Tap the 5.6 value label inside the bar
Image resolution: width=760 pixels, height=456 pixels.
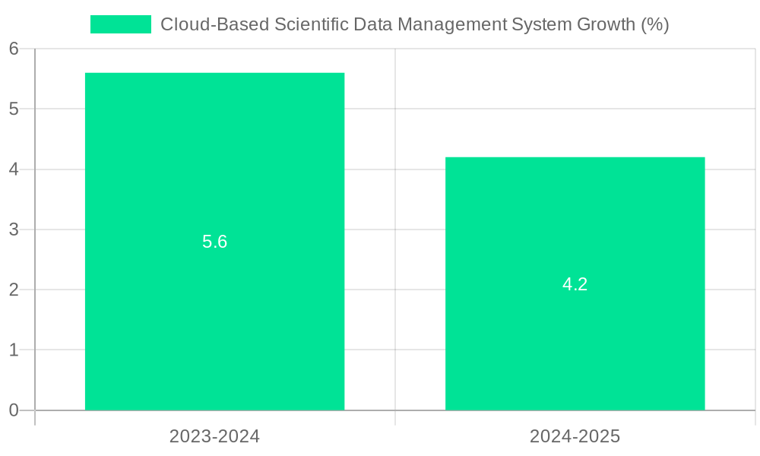(x=214, y=242)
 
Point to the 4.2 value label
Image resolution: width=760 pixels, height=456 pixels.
(x=575, y=284)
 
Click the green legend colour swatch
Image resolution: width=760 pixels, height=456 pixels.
(x=121, y=24)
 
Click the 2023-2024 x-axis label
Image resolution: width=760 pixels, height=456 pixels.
(x=214, y=436)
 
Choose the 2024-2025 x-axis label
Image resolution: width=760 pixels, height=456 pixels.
(x=575, y=436)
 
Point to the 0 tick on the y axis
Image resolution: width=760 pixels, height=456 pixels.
(x=14, y=410)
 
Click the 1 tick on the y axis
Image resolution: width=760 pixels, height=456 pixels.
(x=14, y=350)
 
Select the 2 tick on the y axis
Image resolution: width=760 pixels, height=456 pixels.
(x=14, y=290)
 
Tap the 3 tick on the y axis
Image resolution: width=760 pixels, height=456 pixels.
(x=14, y=230)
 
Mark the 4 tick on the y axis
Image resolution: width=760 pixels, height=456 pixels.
(x=14, y=169)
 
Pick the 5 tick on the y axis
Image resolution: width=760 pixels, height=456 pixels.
(x=14, y=109)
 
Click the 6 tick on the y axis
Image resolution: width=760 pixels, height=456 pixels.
(x=14, y=49)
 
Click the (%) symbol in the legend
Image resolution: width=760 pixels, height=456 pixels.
(x=655, y=24)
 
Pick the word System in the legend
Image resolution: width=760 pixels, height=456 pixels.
(x=546, y=24)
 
